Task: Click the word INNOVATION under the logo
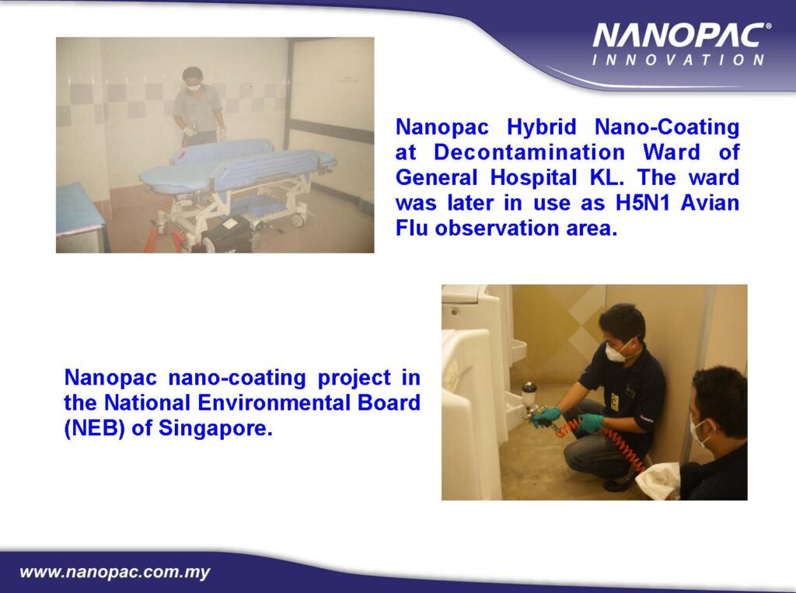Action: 678,60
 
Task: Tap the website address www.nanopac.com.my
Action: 115,572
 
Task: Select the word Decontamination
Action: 529,152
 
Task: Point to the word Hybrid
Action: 542,127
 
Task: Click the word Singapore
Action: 215,429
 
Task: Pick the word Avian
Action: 710,203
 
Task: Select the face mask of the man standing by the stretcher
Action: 194,87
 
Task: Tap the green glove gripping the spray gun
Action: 545,417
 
